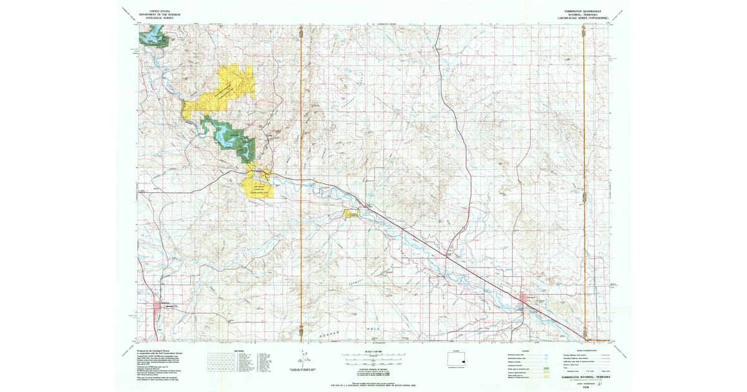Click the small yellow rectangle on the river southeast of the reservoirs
point(351,214)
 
